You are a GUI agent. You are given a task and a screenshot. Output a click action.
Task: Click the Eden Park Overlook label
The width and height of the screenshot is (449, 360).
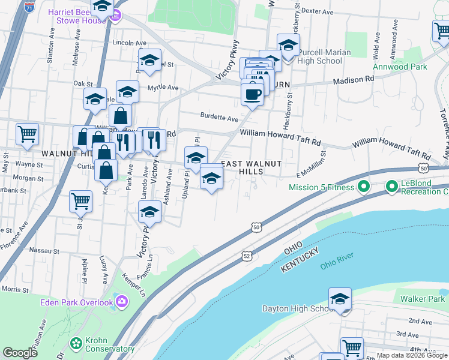(x=76, y=302)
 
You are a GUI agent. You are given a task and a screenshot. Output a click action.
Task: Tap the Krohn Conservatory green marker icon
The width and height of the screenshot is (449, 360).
(x=76, y=344)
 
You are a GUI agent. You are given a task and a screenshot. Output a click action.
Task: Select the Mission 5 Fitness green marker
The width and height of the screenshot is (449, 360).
(x=363, y=187)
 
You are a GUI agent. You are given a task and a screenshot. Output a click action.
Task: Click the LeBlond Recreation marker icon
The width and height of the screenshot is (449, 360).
(x=391, y=187)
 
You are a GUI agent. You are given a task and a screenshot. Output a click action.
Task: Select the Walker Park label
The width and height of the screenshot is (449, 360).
(x=423, y=299)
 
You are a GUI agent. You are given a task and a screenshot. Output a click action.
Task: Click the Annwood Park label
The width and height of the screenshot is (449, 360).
(x=400, y=67)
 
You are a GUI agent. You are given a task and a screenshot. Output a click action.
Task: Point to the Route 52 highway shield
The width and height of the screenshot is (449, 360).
(x=247, y=256)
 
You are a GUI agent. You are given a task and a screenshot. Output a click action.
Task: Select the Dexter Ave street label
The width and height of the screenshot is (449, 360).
(x=317, y=11)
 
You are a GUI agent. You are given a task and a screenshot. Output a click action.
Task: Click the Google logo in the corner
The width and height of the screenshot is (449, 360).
(x=20, y=353)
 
